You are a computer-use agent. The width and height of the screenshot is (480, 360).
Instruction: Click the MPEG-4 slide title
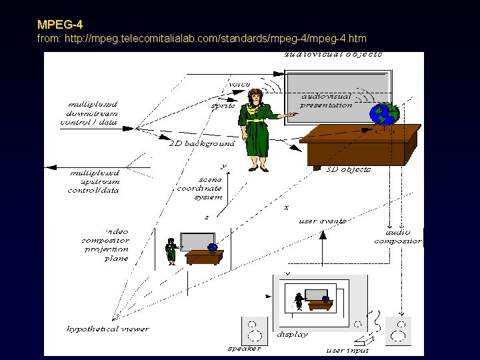[x=60, y=25]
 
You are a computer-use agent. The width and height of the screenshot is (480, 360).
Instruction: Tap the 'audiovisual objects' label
[x=333, y=54]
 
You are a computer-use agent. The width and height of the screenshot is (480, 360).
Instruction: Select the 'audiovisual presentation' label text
[x=326, y=101]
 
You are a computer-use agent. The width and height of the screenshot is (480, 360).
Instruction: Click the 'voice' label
[x=239, y=85]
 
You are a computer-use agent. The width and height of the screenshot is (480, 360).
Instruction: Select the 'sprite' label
[x=223, y=105]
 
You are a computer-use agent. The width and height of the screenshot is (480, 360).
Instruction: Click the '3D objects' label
[x=348, y=170]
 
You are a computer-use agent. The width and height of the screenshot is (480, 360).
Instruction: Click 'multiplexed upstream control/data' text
[x=94, y=181]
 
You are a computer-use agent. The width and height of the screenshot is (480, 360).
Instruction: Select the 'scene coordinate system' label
[x=199, y=188]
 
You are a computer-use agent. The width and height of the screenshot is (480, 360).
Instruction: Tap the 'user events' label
[x=323, y=221]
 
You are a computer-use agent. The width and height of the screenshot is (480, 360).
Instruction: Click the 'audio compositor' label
[x=397, y=237]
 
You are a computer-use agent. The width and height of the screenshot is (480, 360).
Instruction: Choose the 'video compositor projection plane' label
[x=106, y=245]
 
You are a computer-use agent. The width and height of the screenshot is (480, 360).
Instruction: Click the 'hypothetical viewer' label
[x=108, y=329]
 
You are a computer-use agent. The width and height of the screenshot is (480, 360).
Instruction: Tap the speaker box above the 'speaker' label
[x=253, y=330]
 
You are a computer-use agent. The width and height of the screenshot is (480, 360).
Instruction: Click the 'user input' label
[x=347, y=350]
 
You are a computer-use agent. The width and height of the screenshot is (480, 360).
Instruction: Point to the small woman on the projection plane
[x=171, y=251]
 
